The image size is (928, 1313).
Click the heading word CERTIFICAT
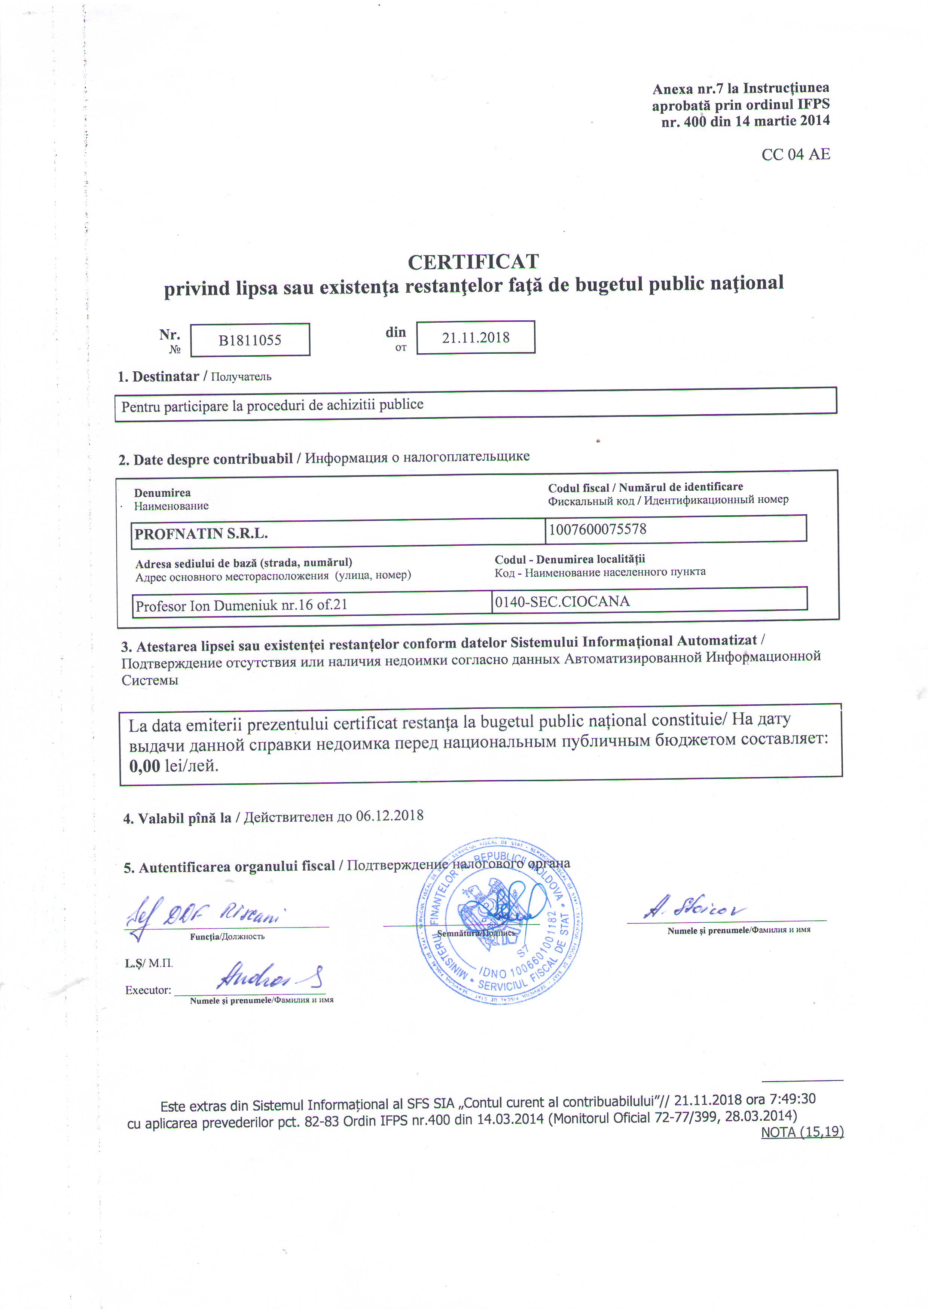click(473, 262)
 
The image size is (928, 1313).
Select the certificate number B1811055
click(250, 340)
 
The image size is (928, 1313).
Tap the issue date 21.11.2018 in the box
click(475, 337)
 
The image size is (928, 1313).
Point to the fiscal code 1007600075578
click(598, 529)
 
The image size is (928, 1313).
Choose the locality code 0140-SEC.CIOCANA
click(562, 601)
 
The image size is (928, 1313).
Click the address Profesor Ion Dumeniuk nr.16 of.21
click(241, 605)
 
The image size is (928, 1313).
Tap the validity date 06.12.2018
click(390, 816)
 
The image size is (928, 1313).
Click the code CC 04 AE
click(795, 155)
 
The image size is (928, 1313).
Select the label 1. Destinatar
click(158, 376)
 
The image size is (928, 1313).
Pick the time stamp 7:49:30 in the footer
click(793, 1099)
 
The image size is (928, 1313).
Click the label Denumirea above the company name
click(162, 493)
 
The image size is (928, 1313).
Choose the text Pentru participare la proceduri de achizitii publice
click(272, 405)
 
